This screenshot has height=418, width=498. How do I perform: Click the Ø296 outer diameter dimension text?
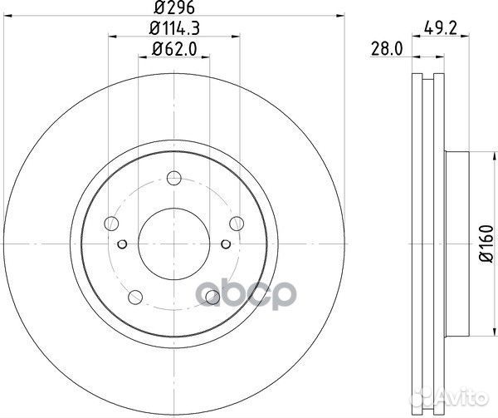tap(173, 9)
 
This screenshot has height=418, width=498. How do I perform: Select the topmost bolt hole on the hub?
tap(173, 177)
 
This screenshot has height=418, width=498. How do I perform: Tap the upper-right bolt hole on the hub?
tap(236, 222)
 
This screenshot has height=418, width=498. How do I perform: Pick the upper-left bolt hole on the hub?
tap(111, 222)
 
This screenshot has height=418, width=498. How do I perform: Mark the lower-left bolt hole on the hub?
tap(135, 295)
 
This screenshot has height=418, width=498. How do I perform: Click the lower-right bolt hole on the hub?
tap(212, 295)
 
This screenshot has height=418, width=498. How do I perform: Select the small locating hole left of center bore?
tap(122, 243)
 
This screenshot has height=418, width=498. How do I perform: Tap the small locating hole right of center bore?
tap(225, 243)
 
